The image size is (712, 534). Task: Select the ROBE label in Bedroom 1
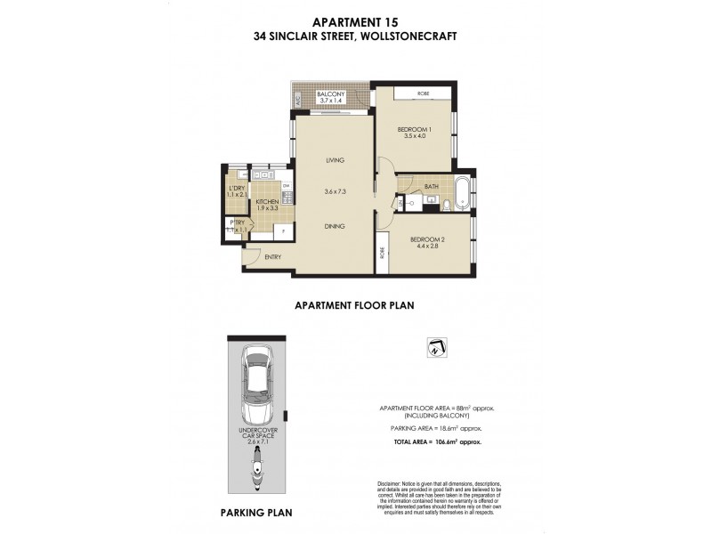[415, 93]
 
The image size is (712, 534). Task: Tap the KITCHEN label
[268, 202]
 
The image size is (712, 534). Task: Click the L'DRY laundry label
[236, 189]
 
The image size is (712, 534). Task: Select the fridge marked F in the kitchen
[283, 231]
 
